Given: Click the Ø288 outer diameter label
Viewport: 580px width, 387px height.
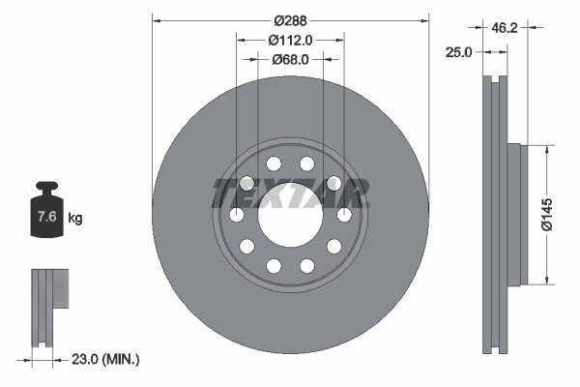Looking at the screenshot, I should pos(290,19).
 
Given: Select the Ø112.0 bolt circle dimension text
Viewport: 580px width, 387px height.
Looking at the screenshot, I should pos(290,40).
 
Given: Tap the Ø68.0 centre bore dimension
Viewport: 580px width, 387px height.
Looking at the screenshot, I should pos(290,60).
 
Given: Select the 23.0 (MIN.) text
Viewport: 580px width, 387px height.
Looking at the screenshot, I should pos(107,359).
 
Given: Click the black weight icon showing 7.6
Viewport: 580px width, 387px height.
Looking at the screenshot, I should pos(46,215).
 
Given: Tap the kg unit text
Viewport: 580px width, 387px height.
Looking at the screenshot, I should pos(75,218).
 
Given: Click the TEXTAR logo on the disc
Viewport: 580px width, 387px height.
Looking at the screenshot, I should pos(290,193).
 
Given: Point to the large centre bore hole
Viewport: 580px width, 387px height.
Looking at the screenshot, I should pos(290,215).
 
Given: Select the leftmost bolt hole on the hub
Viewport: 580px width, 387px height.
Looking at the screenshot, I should pos(237,215).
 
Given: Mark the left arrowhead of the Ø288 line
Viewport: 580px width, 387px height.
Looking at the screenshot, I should pos(156,19).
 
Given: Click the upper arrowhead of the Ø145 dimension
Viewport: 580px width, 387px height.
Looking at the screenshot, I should pos(547,148).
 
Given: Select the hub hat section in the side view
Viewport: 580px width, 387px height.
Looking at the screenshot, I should pos(514,215).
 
